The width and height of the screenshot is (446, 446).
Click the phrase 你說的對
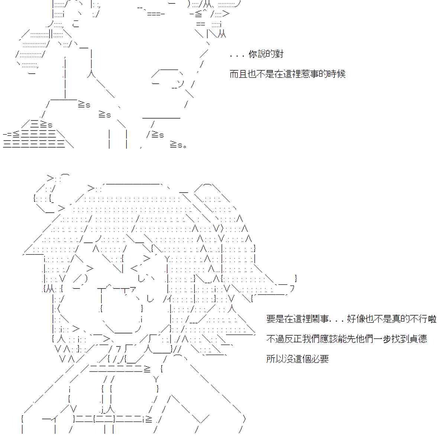click(x=266, y=54)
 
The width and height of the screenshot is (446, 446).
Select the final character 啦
click(x=432, y=319)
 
